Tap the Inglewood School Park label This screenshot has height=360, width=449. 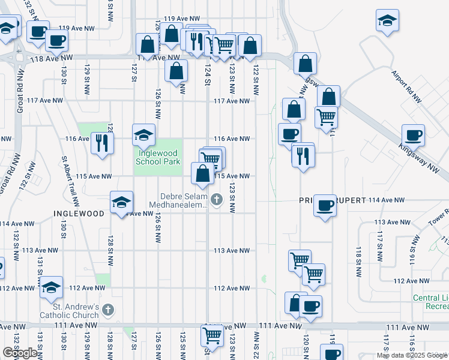coord(158,158)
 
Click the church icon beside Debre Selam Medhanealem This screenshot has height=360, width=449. coord(216,199)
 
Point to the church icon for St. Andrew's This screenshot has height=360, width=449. coord(107,310)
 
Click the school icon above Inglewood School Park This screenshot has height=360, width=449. coord(143,135)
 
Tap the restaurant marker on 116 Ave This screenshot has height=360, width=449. coord(101,142)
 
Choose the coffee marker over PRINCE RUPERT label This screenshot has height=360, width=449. coord(325,205)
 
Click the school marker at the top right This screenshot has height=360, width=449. coord(388,20)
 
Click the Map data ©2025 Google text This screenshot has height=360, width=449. coord(412,355)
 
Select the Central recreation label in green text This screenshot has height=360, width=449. coord(431,302)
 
